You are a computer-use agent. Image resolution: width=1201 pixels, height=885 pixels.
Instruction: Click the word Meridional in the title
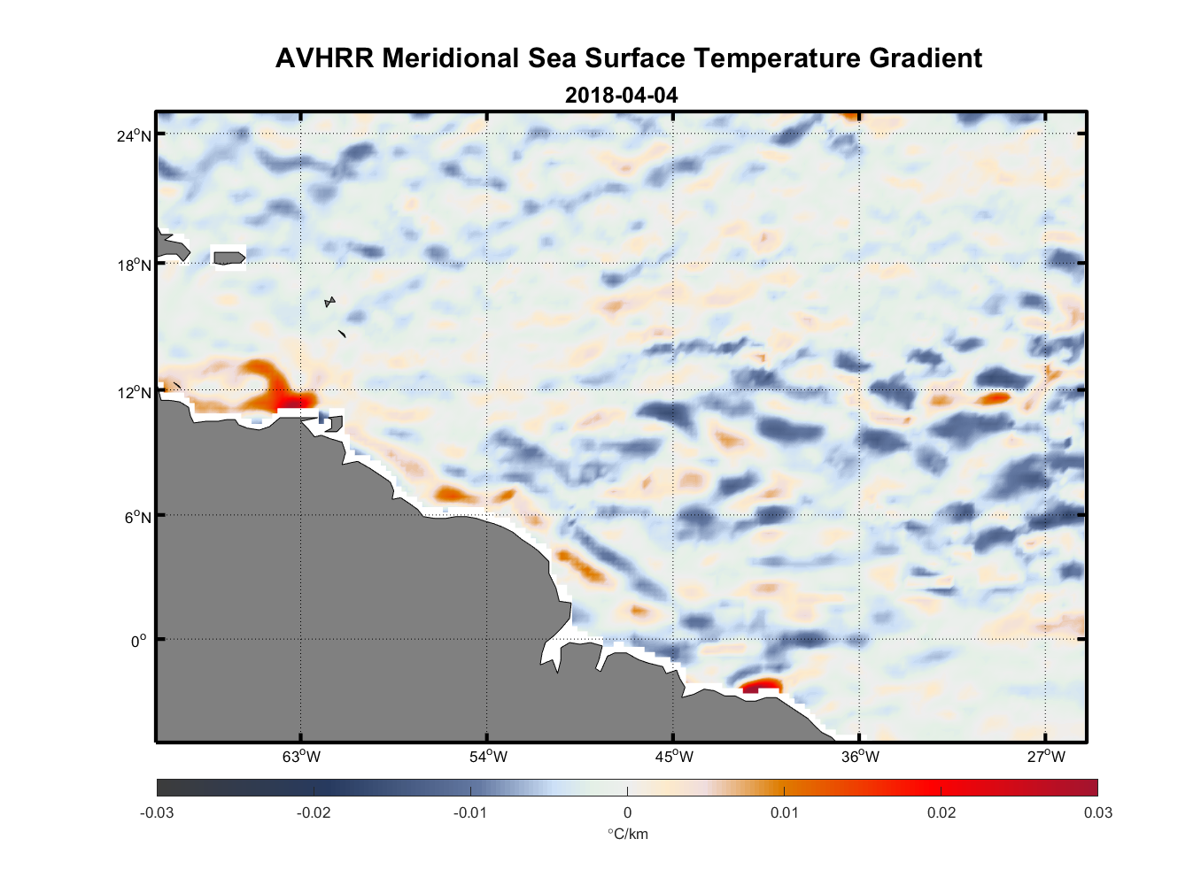coord(451,58)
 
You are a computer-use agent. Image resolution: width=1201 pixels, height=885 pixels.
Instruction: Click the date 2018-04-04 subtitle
coord(621,95)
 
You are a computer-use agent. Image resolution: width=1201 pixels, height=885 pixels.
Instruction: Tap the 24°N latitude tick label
coord(134,135)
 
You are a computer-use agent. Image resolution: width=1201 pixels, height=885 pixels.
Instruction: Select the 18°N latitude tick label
coord(134,265)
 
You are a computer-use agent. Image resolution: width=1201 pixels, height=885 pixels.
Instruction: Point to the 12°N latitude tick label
coord(134,392)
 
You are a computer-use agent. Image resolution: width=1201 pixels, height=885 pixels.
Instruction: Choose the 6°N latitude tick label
coord(137,517)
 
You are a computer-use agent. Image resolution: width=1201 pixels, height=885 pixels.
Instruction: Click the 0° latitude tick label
coord(139,641)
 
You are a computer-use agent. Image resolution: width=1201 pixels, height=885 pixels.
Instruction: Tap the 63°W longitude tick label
coord(301,757)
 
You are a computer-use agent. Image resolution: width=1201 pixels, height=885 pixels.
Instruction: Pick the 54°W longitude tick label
coord(488,757)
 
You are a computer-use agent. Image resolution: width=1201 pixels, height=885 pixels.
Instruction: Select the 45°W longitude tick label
coord(674,757)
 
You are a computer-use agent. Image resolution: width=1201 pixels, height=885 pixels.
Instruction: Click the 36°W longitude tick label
coord(860,757)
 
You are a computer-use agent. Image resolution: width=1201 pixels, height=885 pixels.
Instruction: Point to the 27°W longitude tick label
coord(1046,757)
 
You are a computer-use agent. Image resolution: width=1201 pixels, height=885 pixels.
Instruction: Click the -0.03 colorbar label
coord(157,813)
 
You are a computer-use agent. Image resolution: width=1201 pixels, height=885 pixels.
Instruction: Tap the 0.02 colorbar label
coord(941,813)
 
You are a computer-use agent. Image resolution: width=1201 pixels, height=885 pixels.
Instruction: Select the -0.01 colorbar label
coord(469,813)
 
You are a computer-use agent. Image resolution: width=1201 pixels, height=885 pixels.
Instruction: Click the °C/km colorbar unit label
coord(627,835)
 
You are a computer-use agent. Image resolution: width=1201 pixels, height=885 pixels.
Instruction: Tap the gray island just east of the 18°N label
coord(229,258)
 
